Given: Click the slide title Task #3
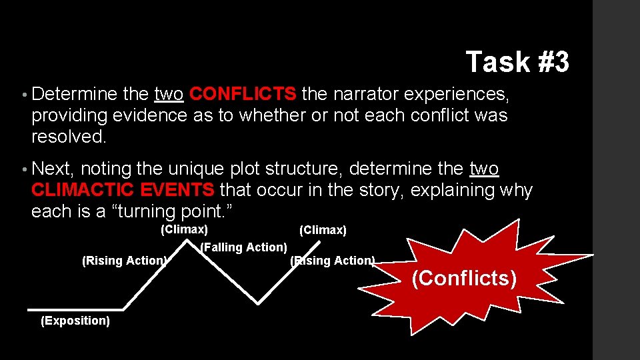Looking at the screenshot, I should click(517, 62).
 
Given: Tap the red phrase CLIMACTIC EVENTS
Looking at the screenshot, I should click(123, 190).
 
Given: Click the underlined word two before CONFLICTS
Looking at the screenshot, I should click(169, 93).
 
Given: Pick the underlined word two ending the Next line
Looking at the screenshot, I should click(485, 169).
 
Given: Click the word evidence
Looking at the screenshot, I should click(157, 115).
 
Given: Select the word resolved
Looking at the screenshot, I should click(69, 137).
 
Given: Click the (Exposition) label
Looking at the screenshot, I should click(75, 321).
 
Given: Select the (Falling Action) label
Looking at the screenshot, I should click(243, 247).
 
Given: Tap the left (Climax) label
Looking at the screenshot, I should click(184, 230).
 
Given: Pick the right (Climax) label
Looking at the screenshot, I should click(323, 231).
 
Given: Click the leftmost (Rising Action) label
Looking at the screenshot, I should click(124, 261).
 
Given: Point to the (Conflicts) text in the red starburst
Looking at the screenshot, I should click(464, 278).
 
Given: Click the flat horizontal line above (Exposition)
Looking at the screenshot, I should click(75, 309).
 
